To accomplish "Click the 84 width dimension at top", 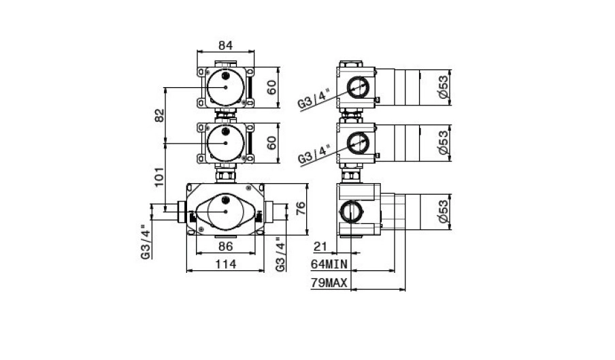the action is tap(226, 46).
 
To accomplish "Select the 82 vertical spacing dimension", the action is tap(160, 115).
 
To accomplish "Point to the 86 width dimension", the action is tap(226, 246).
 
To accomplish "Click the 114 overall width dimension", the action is tap(226, 264).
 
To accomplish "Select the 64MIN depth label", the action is tap(329, 264).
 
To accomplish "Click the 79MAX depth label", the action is tap(329, 282).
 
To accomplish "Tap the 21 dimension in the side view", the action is tap(320, 246).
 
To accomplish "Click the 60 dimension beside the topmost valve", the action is tap(271, 87).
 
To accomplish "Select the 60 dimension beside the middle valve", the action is tap(271, 143).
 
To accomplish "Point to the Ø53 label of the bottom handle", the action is tap(443, 212).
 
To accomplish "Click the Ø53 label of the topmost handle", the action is tap(443, 87).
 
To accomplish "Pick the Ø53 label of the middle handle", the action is tap(443, 143).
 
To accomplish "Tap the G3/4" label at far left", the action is tap(146, 242).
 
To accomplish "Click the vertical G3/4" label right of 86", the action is tap(280, 254).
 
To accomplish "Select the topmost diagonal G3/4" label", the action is tap(314, 98).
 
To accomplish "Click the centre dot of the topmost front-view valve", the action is tap(226, 87).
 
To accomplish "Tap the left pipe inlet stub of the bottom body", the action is tap(182, 212).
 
